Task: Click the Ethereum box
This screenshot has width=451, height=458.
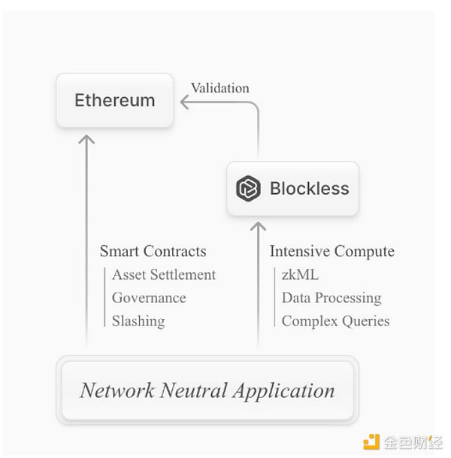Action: [115, 101]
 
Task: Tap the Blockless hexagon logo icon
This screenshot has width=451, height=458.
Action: [247, 188]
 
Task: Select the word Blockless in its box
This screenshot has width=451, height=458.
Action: [309, 188]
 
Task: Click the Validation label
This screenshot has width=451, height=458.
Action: [219, 88]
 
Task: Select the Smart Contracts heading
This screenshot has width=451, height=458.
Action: [153, 251]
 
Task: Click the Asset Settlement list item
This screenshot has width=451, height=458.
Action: [164, 274]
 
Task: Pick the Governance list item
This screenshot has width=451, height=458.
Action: [149, 298]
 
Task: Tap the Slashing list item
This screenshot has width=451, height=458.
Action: [138, 320]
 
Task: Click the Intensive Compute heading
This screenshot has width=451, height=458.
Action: [332, 251]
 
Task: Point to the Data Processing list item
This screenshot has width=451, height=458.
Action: [331, 298]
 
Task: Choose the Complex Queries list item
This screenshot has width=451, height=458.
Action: [335, 320]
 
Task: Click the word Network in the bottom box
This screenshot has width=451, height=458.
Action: [114, 390]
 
